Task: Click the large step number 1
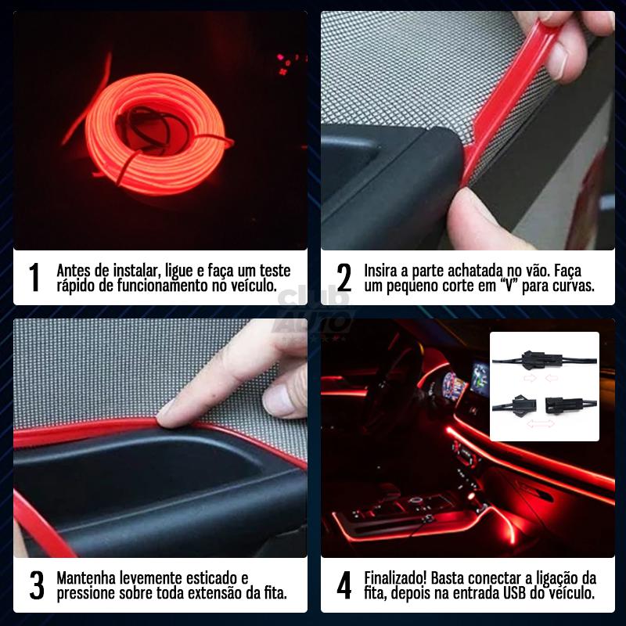[x=33, y=278]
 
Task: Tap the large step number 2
[x=344, y=278]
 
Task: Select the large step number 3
[x=36, y=586]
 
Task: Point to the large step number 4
[x=344, y=586]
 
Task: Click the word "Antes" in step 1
[x=76, y=270]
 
